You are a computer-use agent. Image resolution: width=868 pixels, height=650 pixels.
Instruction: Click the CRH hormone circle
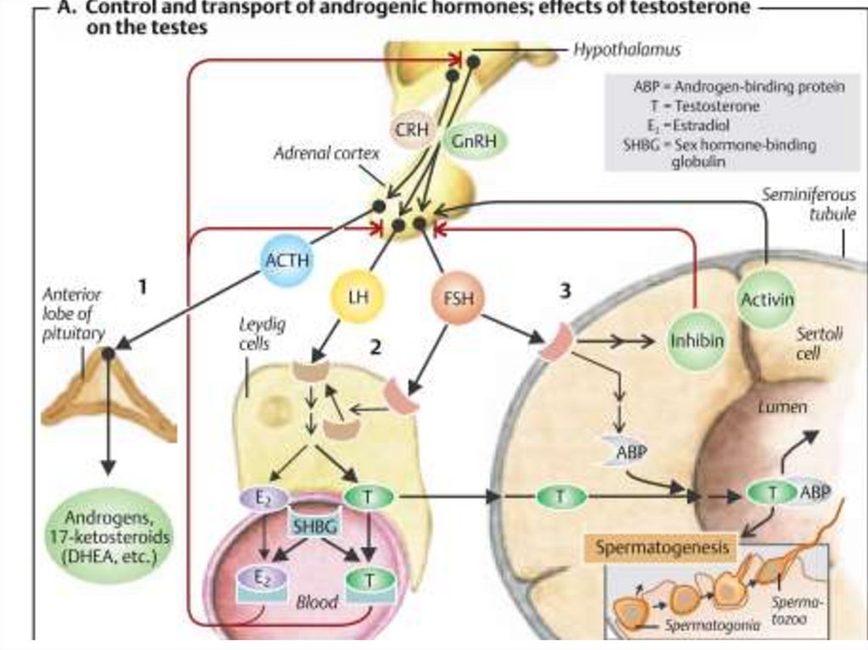(413, 131)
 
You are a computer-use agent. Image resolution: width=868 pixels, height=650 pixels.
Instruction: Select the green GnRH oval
(473, 140)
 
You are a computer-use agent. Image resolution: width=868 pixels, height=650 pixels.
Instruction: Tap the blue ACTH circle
(282, 261)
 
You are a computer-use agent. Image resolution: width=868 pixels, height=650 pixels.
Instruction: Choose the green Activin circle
(766, 298)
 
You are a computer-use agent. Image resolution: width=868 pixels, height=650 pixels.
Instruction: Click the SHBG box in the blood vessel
(314, 526)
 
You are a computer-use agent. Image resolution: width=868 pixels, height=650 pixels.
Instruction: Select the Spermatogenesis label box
(662, 548)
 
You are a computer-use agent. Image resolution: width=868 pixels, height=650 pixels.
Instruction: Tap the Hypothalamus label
(626, 51)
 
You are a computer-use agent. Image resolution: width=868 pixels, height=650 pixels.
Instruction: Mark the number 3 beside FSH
(566, 291)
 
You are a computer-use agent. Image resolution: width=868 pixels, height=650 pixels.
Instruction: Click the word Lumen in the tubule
(782, 408)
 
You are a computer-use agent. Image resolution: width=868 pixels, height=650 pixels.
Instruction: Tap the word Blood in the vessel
(316, 603)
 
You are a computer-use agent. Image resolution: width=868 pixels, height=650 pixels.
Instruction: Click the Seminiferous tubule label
(808, 204)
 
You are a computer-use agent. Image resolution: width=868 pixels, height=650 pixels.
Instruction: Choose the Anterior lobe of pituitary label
(72, 314)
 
